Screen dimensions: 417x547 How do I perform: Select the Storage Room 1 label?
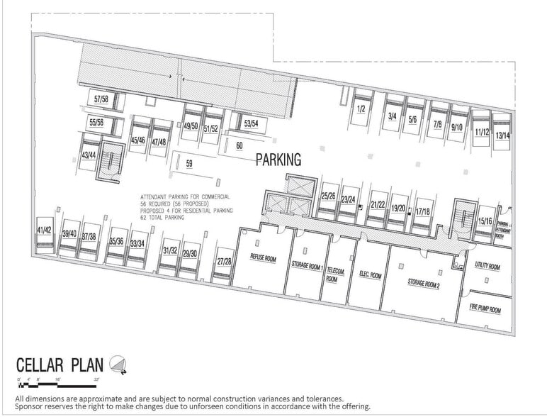coord(308,267)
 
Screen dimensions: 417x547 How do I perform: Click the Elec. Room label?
coord(370,275)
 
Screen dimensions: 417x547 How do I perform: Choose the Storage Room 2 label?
coord(424,282)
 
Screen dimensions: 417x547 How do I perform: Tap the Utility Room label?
coord(487,267)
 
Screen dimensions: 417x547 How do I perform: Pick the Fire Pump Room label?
coord(485,310)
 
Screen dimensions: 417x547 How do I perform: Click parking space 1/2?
coord(361,109)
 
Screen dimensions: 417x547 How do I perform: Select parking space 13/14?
coord(502,134)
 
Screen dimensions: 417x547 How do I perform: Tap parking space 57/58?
coord(100,101)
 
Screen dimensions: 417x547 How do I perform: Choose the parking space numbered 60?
coord(239,145)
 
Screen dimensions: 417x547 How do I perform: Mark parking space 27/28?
coord(225,262)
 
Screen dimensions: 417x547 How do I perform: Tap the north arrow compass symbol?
coord(118,365)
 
